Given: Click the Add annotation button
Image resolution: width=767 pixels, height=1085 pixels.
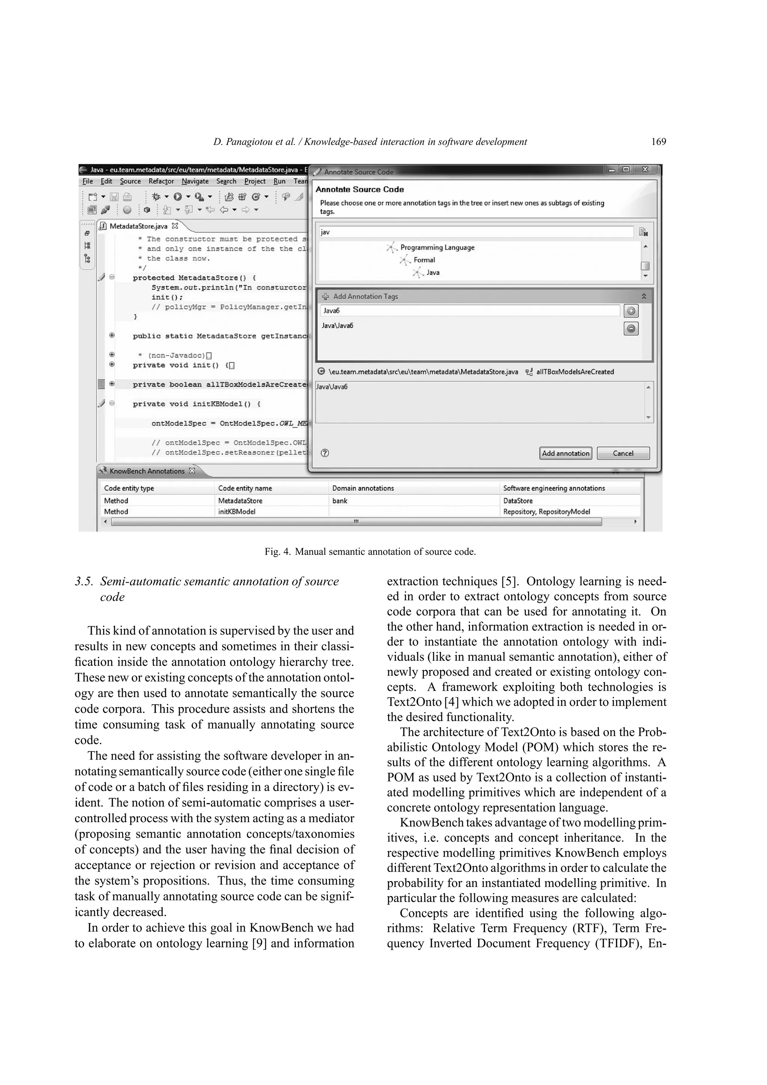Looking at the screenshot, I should pos(565,453).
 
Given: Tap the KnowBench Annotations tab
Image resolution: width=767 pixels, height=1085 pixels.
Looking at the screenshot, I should pos(146,471).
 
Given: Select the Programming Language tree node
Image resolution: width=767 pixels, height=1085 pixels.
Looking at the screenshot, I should pos(437,247).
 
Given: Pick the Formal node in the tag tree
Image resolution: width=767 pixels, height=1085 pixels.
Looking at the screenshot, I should pos(424,260).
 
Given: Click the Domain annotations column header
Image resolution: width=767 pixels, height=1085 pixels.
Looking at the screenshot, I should pos(363,488).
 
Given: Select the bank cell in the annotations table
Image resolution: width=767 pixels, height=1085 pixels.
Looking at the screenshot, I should pos(340,501).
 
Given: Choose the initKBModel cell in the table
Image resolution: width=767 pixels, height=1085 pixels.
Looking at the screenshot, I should pos(236,512).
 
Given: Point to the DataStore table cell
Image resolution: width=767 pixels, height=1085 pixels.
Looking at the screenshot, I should pos(518,501).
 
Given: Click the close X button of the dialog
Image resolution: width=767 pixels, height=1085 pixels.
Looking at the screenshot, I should pos(645,170).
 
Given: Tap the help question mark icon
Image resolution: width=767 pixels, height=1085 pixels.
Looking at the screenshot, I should pos(325,453).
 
